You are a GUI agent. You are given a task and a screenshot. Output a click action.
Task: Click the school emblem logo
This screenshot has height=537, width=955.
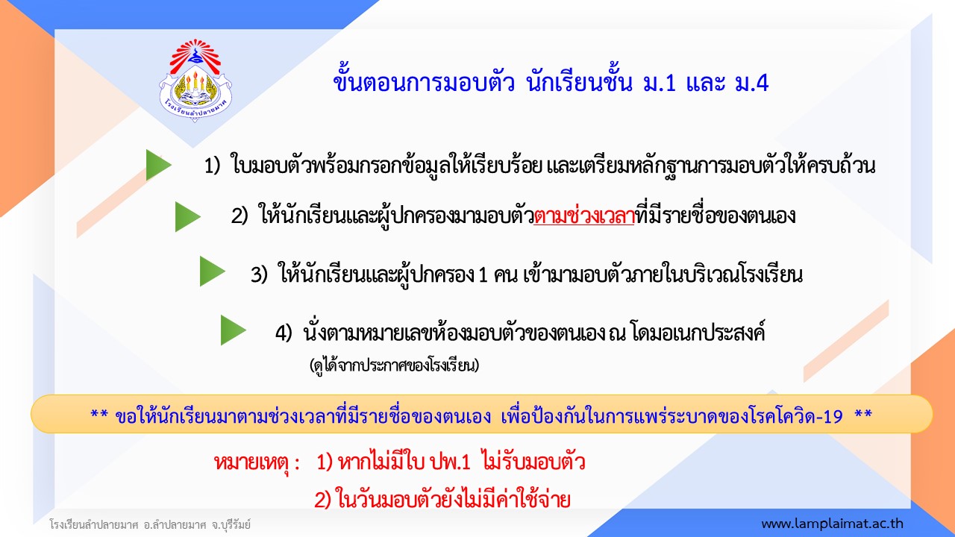[x=195, y=80]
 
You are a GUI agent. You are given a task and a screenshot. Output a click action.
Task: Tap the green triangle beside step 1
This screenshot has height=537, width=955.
[x=158, y=165]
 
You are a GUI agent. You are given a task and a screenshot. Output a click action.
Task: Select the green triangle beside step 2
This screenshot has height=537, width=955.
[x=187, y=216]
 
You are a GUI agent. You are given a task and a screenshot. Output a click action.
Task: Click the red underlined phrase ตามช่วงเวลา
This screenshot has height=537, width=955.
[x=583, y=216]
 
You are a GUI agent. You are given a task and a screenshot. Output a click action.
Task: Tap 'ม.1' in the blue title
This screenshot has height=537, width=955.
[x=660, y=83]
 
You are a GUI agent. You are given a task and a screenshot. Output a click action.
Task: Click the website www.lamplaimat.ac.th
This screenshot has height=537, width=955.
[x=832, y=524]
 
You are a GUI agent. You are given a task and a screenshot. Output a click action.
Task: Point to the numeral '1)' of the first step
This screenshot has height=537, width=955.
[x=212, y=166]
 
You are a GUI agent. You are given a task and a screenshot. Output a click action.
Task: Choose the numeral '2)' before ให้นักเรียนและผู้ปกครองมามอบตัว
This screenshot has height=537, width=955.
[x=239, y=216]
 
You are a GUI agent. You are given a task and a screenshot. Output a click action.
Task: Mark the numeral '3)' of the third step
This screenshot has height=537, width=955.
[x=259, y=274]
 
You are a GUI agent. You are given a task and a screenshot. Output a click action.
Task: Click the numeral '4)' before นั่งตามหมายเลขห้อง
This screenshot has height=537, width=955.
[x=284, y=333]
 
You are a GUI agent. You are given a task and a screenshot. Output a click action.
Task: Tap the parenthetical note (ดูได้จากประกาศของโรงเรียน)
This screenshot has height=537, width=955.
[x=395, y=365]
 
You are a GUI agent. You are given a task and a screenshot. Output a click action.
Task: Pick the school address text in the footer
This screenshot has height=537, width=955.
[x=150, y=524]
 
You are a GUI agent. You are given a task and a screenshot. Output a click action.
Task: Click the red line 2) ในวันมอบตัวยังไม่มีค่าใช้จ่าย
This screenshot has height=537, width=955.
[x=442, y=500]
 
